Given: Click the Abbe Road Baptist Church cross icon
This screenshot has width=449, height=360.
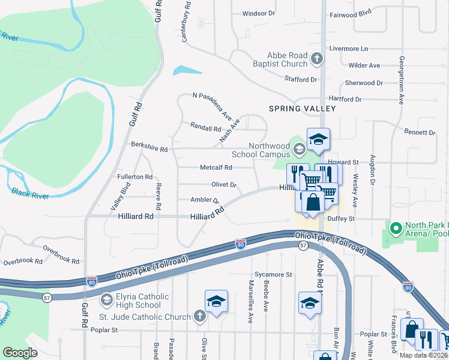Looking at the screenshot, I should [317, 59].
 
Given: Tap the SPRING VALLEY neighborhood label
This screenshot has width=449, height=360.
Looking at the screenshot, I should [302, 109].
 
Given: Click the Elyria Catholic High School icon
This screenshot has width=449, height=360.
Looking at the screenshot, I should [106, 299].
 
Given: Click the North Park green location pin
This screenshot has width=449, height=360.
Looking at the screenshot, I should [396, 229].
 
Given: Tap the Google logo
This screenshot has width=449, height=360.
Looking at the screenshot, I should [20, 353].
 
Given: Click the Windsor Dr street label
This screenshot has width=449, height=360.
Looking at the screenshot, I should [258, 13].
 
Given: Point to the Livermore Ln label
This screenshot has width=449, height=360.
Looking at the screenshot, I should [348, 48].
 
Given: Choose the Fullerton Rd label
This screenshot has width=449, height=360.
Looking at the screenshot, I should [135, 177].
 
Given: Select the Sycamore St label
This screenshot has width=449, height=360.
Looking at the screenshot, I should [272, 274].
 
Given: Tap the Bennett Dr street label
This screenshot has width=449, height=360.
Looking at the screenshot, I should [420, 131].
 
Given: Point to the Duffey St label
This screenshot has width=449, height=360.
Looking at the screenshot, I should [340, 219].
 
